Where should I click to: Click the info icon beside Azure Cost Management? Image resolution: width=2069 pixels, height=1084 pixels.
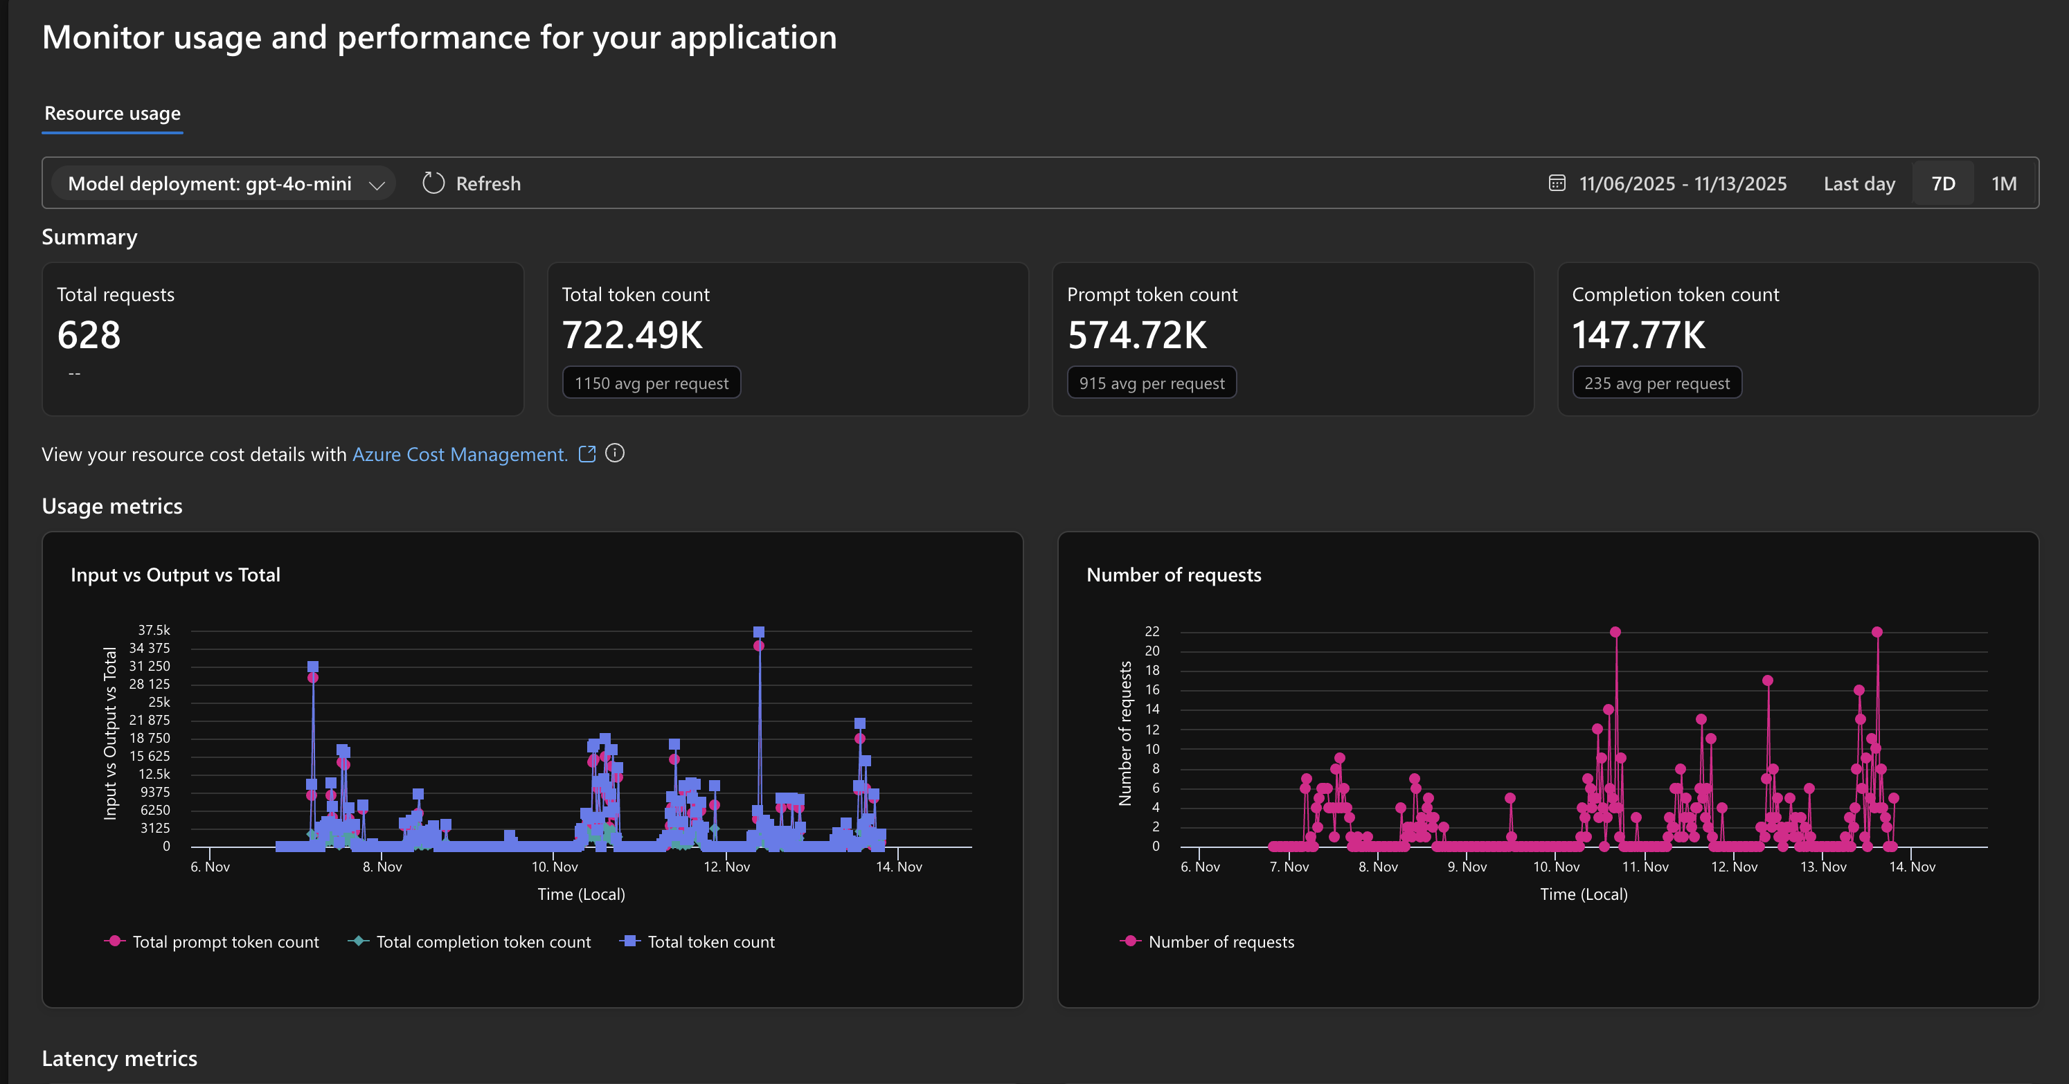[x=614, y=453]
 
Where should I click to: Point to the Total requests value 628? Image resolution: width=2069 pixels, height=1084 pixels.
[x=89, y=335]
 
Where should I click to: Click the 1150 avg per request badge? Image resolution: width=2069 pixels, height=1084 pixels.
[x=652, y=383]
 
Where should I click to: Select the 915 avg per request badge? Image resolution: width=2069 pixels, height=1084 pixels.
[x=1152, y=383]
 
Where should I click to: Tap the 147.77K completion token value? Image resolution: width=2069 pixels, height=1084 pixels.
[x=1638, y=335]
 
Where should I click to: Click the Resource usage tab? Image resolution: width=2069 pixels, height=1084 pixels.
[x=112, y=114]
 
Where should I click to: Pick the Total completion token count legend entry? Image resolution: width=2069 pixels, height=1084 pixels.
[x=470, y=942]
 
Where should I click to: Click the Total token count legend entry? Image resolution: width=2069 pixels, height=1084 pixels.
[x=697, y=942]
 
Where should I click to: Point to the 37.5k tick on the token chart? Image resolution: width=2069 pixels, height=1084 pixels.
[x=154, y=631]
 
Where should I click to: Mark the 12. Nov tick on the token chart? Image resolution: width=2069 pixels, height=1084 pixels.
[x=727, y=867]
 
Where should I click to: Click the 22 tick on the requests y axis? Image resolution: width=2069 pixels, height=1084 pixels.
[x=1152, y=631]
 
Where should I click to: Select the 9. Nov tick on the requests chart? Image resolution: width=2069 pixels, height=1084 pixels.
[x=1467, y=867]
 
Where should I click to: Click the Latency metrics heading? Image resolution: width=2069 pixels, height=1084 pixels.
[x=120, y=1058]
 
